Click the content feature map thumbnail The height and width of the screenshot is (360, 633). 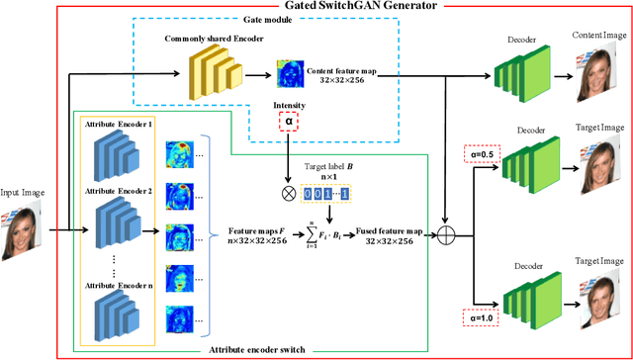(291, 74)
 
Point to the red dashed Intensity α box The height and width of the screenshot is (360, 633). (290, 121)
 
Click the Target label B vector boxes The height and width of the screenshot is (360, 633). (330, 194)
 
